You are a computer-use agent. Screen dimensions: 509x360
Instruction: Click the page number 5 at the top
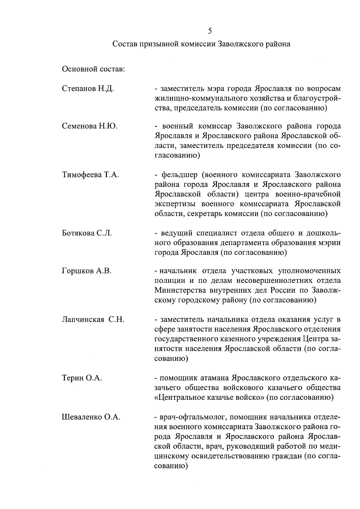[x=210, y=31]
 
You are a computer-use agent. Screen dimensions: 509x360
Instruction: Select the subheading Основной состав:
[x=93, y=69]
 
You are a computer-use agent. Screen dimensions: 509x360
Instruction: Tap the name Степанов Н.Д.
[x=88, y=89]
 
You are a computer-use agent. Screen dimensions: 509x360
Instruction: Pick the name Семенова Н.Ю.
[x=90, y=126]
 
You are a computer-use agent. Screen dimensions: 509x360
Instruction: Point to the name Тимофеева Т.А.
[x=90, y=175]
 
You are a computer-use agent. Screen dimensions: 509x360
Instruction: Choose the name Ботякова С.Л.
[x=87, y=233]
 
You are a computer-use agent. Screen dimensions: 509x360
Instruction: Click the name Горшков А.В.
[x=87, y=271]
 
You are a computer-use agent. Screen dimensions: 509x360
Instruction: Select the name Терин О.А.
[x=82, y=378]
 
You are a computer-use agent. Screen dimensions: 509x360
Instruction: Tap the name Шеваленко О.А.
[x=91, y=417]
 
